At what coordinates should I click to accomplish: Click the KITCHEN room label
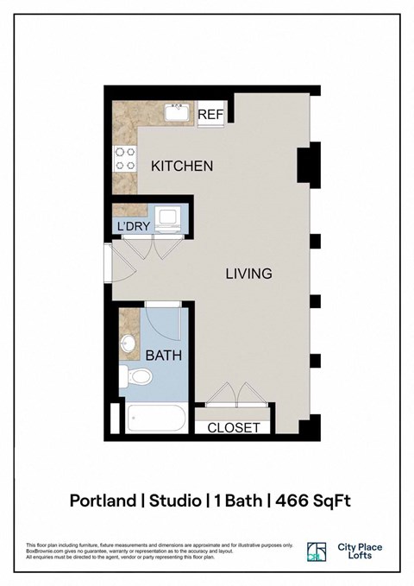pos(182,166)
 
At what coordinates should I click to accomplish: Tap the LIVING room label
pos(248,274)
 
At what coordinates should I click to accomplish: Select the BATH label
pos(163,355)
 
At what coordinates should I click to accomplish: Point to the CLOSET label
pos(234,427)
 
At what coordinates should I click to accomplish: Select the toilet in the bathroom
pos(136,376)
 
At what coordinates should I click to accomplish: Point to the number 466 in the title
pos(292,501)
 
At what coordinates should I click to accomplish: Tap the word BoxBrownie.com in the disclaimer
pos(45,551)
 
